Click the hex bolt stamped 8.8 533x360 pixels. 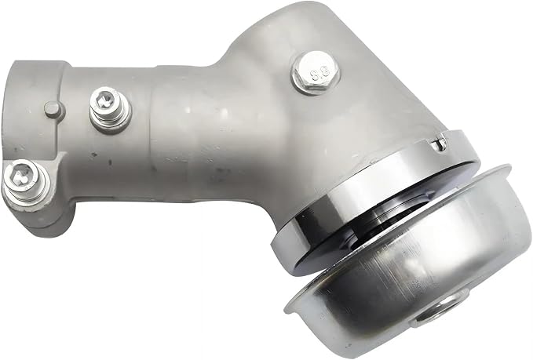pos(316,71)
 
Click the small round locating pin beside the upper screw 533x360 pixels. pos(52,109)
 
